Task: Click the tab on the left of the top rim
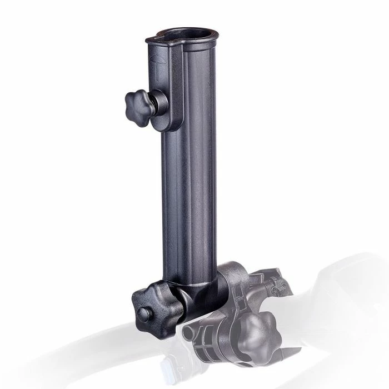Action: tap(152, 39)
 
